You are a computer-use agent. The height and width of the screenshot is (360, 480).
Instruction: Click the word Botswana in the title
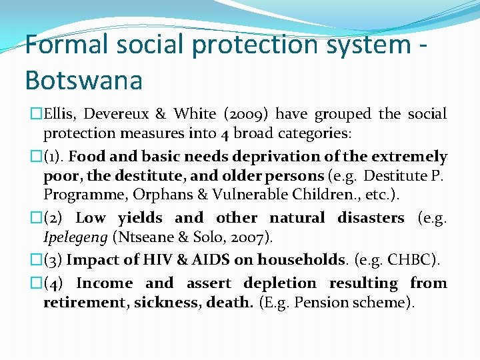click(83, 80)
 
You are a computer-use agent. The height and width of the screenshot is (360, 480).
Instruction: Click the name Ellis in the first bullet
click(63, 115)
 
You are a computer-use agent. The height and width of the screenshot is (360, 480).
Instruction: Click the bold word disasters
click(371, 218)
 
